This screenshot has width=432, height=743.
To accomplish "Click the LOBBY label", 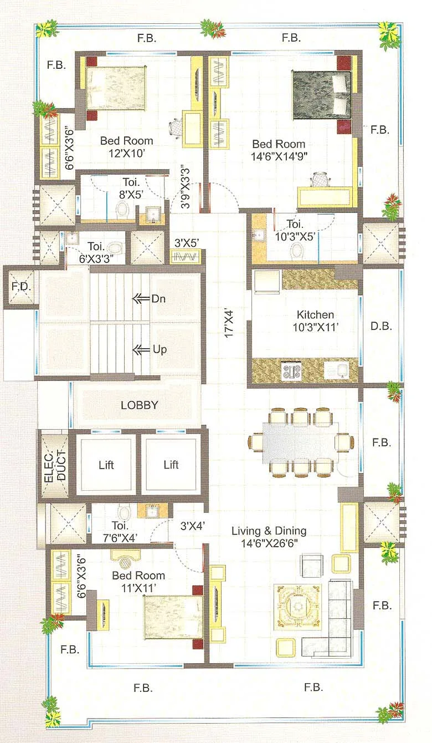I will tap(139, 405).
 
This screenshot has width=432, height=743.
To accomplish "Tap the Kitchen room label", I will tap(315, 315).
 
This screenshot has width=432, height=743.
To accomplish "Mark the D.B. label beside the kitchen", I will tap(381, 326).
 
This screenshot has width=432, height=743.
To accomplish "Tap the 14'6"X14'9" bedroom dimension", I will tap(280, 156).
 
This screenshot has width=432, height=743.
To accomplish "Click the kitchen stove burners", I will tap(291, 370).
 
